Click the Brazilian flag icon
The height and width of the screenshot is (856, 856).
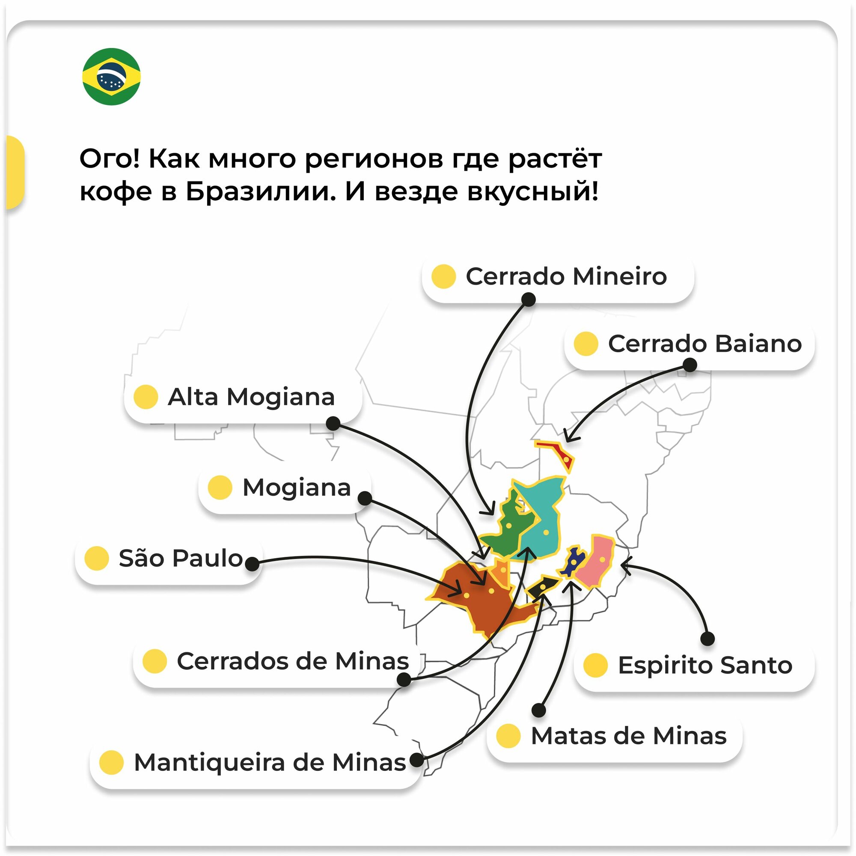coord(111,77)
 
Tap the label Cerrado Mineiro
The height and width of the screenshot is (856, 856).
coord(566,276)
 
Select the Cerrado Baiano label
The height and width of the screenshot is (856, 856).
coord(704,344)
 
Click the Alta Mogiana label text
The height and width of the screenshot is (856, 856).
coord(251,397)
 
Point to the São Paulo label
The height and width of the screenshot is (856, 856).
coord(181,558)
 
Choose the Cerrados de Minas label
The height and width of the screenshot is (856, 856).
coord(292,661)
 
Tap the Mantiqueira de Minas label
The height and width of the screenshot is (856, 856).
coord(270,763)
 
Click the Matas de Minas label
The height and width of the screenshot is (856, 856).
coord(628,736)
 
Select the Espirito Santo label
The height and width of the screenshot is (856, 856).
coord(704,665)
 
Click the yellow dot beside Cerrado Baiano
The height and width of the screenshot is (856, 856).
coord(586,344)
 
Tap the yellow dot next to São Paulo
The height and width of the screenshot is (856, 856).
coord(97,558)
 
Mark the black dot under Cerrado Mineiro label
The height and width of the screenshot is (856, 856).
coord(528,300)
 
